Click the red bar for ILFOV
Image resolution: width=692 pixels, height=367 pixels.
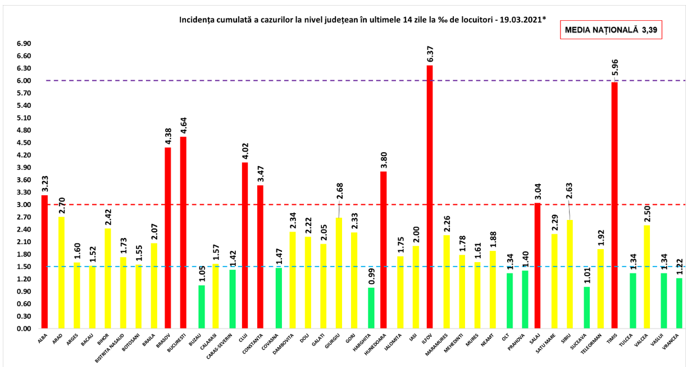430,196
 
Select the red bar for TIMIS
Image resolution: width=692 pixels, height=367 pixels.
615,205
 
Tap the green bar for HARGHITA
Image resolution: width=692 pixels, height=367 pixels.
371,308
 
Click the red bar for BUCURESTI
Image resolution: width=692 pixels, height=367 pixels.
183,232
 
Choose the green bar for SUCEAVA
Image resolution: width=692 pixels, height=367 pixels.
587,308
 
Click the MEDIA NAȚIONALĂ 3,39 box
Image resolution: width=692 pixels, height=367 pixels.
610,30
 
